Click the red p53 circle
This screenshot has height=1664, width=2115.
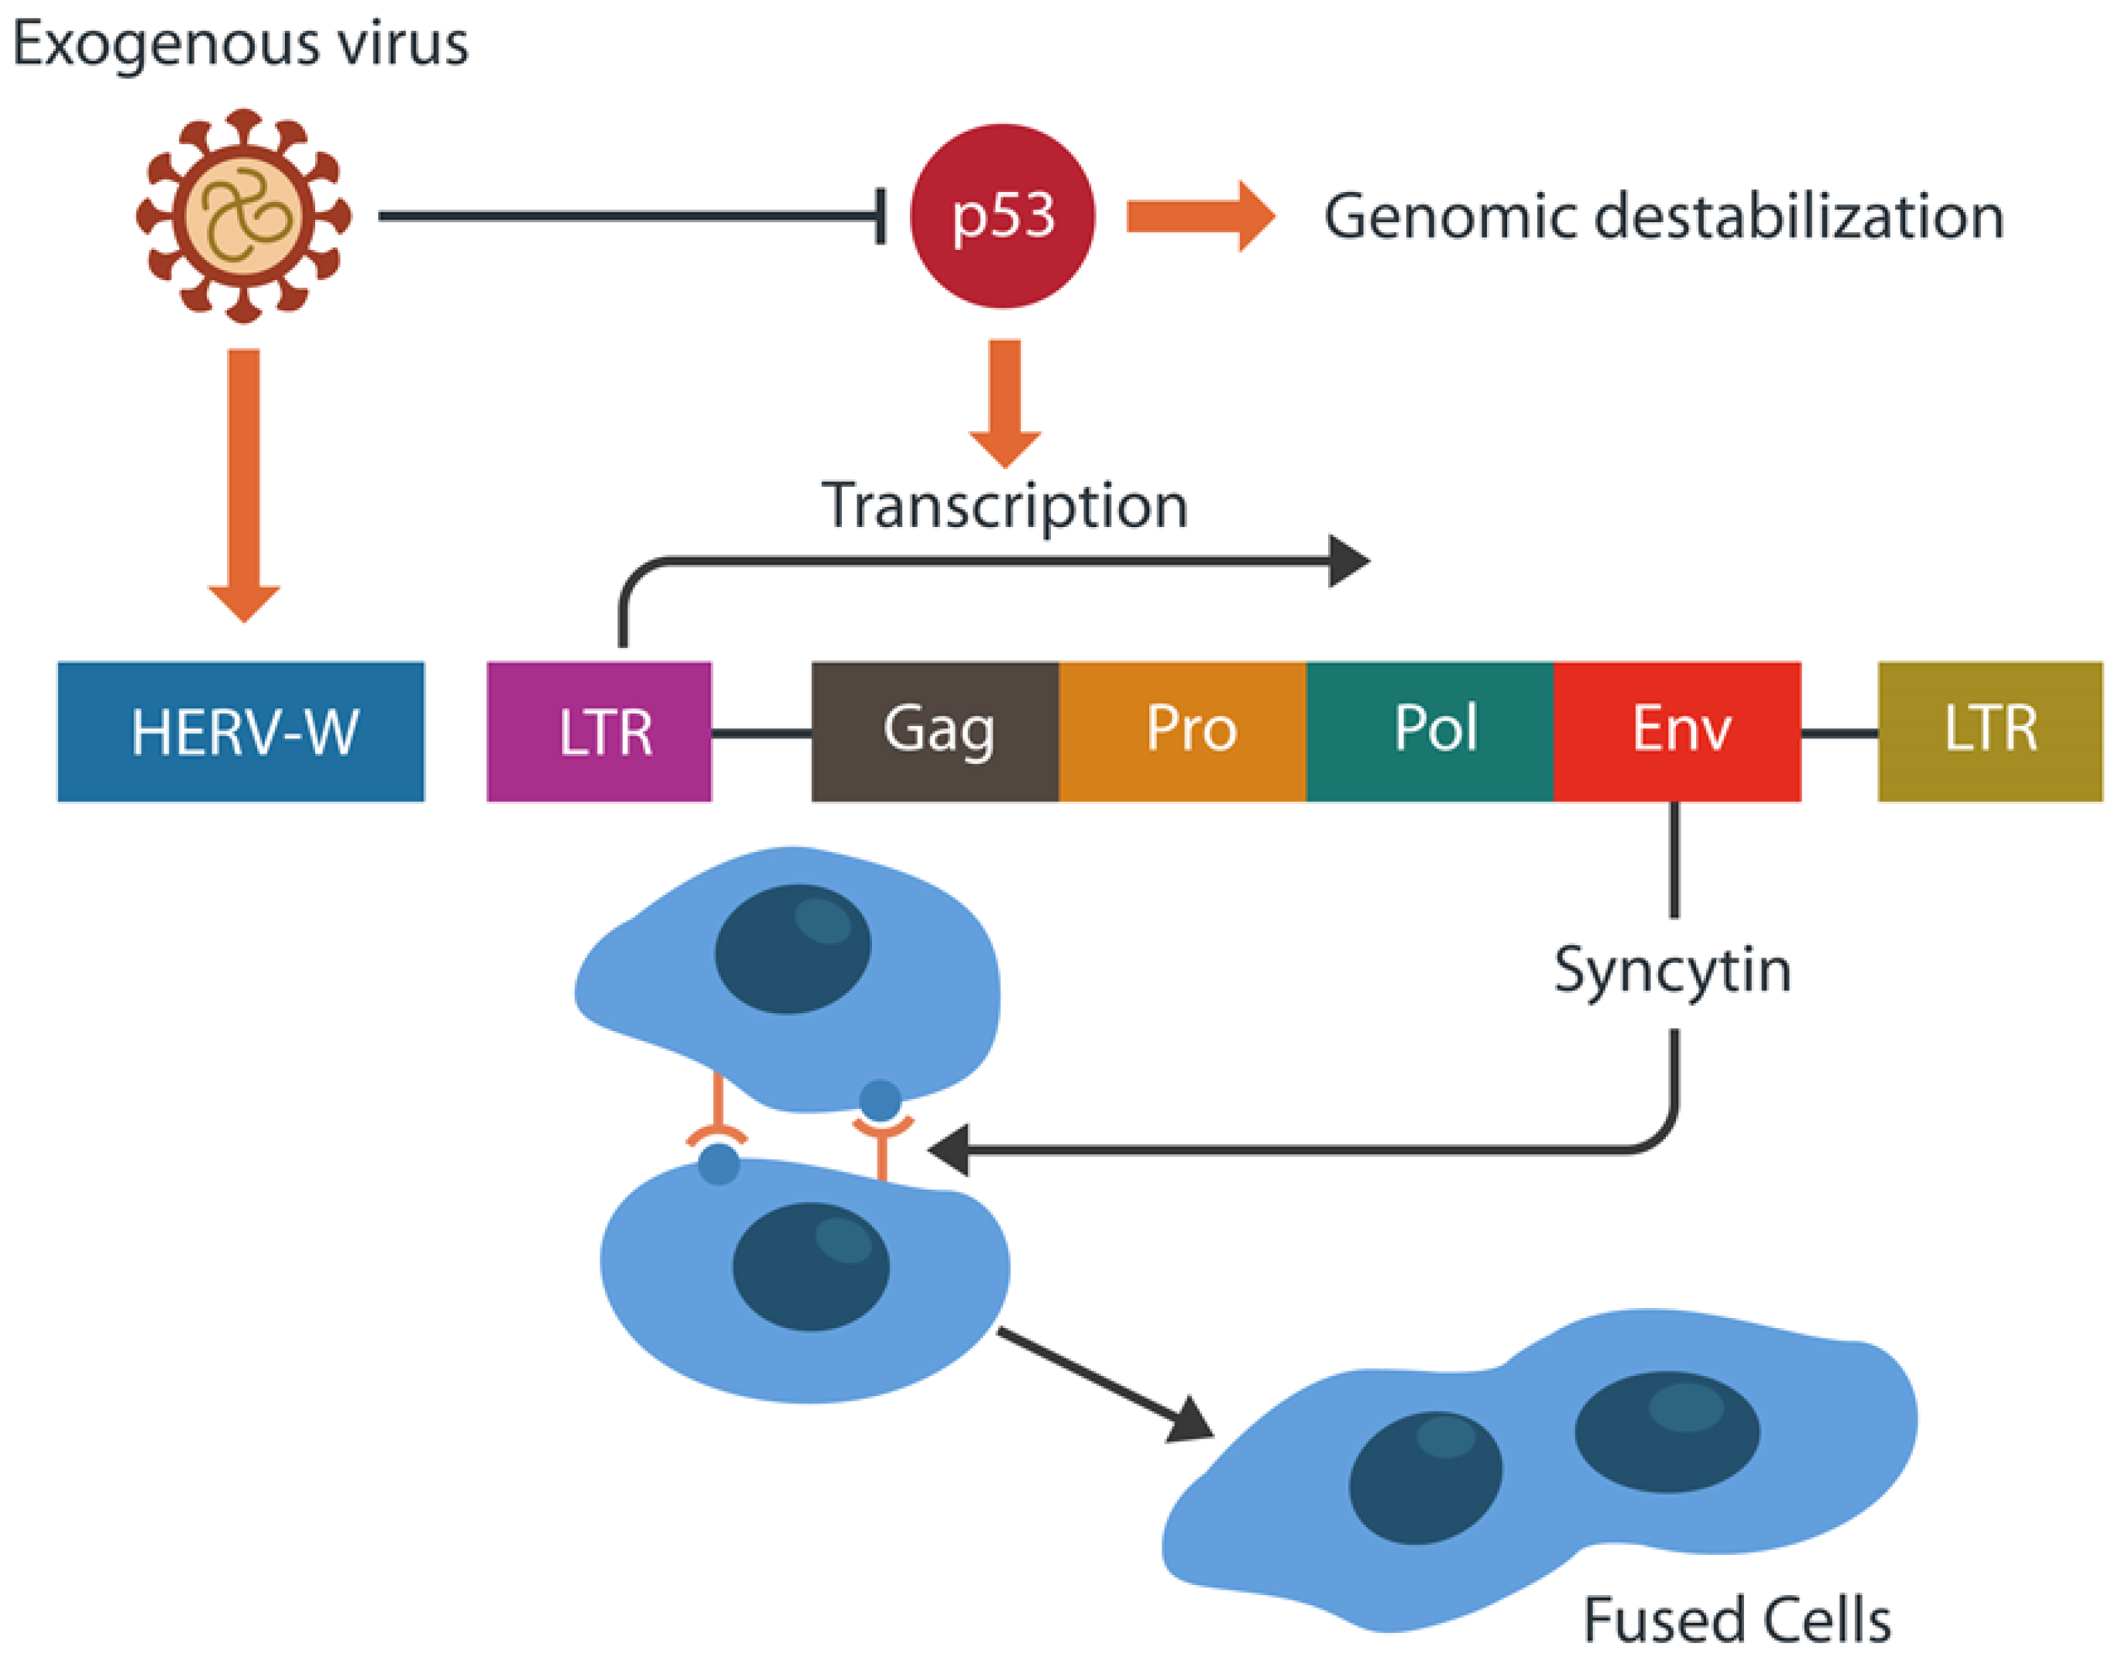coord(1002,215)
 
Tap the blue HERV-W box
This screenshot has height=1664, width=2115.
coord(241,731)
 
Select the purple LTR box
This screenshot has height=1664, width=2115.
coord(599,731)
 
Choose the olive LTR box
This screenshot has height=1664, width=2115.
coord(1990,731)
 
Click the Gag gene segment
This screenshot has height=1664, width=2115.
coord(935,731)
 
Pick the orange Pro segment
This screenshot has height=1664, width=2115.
coord(1183,731)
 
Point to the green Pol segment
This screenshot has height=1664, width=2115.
coord(1430,731)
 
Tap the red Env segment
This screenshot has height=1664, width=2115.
coord(1677,731)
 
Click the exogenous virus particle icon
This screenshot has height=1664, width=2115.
coord(244,215)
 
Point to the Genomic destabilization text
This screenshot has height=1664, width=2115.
coord(1663,215)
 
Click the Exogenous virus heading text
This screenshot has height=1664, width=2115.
coord(241,44)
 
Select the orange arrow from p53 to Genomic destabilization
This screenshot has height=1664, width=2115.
coord(1201,215)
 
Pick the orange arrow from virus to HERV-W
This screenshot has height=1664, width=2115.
coord(244,485)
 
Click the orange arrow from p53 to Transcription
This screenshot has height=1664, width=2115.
coord(1005,403)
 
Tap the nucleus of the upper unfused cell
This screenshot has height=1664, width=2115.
coord(792,949)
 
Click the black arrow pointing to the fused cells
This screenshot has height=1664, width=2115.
coord(1105,1385)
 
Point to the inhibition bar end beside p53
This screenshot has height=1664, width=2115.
coord(881,215)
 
